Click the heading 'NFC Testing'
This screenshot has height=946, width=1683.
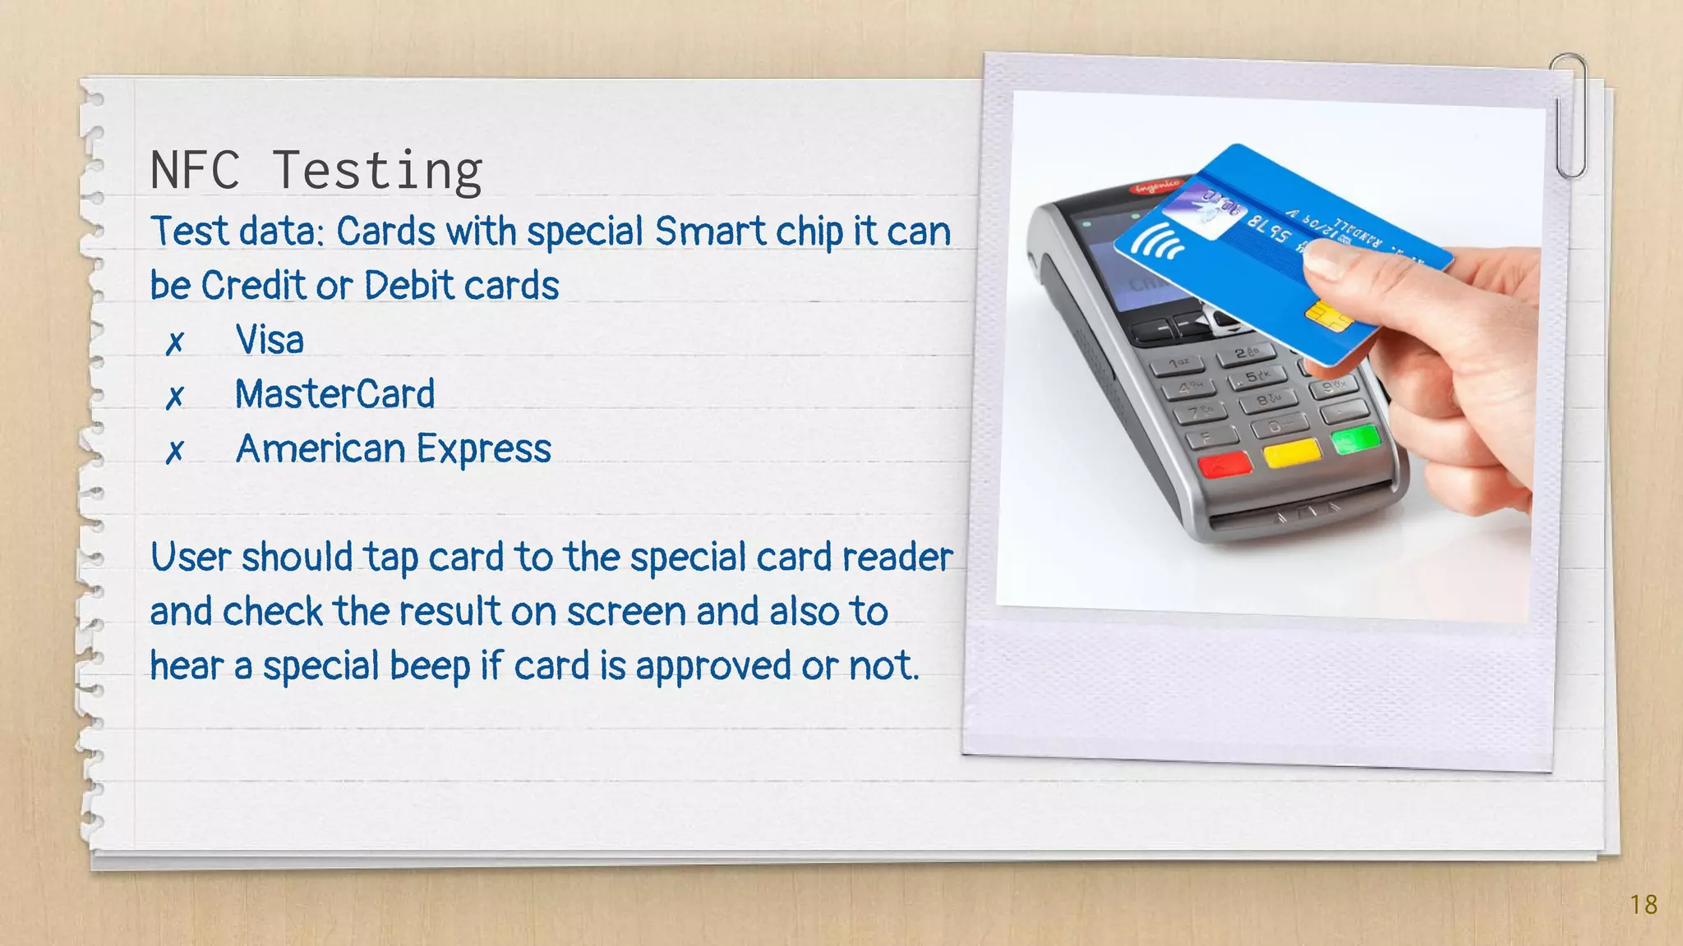coord(316,171)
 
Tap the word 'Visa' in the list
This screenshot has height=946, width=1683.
coord(270,340)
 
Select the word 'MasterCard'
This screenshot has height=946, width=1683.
coord(334,394)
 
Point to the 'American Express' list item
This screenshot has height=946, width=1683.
coord(393,449)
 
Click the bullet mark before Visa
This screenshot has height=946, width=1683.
coord(174,342)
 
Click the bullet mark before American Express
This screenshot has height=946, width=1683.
coord(174,452)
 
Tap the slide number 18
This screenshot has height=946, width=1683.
coord(1644,905)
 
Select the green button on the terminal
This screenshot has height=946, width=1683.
coord(1355,439)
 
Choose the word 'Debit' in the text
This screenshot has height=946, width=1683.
coord(408,286)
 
